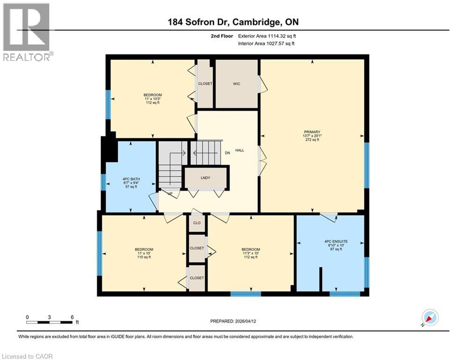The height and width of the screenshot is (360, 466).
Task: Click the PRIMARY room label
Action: [x=312, y=132]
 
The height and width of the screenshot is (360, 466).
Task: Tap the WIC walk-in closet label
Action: [x=236, y=84]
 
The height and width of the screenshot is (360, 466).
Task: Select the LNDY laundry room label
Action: [x=205, y=178]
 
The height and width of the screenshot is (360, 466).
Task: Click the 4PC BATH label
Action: [x=128, y=178]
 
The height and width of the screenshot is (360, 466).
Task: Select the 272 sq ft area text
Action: [x=312, y=140]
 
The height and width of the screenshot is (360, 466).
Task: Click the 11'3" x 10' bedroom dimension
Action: [x=251, y=253]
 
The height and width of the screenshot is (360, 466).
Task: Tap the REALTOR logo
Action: [x=27, y=32]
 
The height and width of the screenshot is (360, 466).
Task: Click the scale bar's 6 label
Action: [x=72, y=317]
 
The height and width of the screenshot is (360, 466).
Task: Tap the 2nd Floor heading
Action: [x=221, y=36]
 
